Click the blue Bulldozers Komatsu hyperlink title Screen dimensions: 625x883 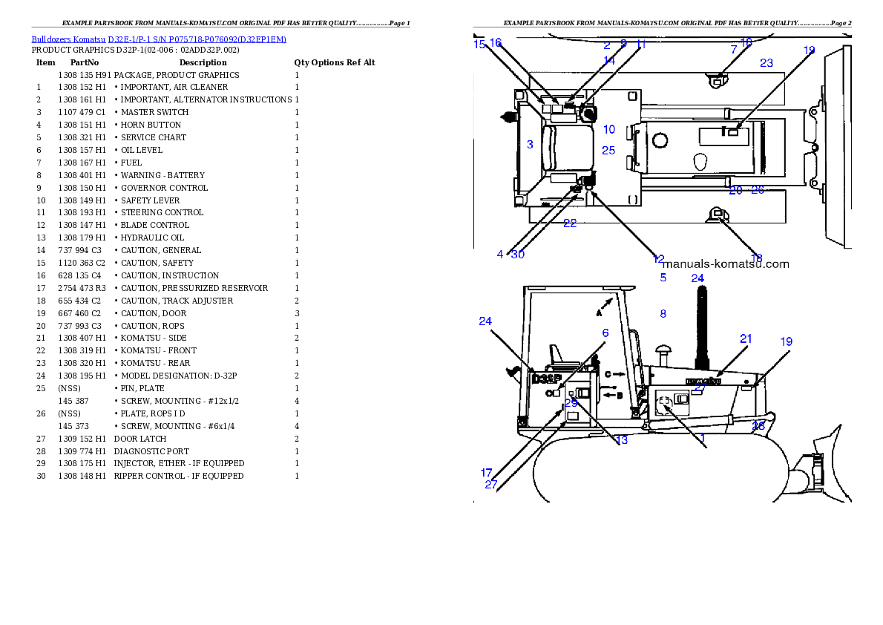(x=158, y=39)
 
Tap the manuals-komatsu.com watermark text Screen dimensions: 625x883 (x=725, y=264)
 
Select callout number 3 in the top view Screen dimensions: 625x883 (x=530, y=145)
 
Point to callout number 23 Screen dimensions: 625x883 (x=767, y=63)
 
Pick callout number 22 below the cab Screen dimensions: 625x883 (x=569, y=223)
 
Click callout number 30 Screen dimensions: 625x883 (x=518, y=255)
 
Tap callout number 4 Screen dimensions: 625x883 (x=500, y=255)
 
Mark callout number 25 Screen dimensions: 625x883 (x=608, y=150)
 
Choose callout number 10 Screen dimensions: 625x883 (x=609, y=129)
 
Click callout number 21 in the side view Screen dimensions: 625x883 (x=746, y=338)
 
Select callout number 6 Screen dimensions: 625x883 (x=605, y=333)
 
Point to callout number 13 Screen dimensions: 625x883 (x=622, y=440)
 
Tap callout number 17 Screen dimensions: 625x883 (x=487, y=472)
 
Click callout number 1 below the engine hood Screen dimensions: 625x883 (x=703, y=439)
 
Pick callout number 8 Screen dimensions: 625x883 (x=663, y=314)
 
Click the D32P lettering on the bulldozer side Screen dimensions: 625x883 (x=547, y=379)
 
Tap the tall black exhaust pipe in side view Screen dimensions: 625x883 (x=698, y=327)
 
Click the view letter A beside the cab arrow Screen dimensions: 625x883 (x=598, y=314)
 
